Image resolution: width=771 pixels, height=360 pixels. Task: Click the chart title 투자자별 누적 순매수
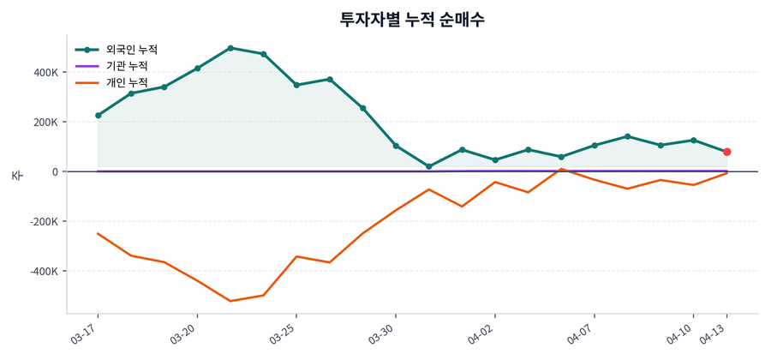412,19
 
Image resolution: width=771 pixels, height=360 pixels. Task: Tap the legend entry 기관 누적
126,66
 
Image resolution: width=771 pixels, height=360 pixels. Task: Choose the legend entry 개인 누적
126,82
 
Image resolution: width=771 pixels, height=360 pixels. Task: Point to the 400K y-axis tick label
45,72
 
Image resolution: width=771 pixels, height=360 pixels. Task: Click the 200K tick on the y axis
45,122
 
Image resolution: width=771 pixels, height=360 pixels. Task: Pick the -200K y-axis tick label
44,221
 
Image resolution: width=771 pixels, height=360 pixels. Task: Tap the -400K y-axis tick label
44,271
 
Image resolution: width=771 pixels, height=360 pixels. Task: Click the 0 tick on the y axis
55,171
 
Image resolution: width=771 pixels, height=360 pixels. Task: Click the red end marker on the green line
727,152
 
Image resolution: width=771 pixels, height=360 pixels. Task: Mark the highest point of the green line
230,48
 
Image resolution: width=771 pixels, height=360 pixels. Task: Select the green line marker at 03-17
99,115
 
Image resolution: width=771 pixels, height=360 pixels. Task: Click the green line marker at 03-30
396,146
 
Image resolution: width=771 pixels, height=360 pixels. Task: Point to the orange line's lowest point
230,301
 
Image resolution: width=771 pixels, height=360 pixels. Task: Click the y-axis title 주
17,175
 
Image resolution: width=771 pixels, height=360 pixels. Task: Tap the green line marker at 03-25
296,85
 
